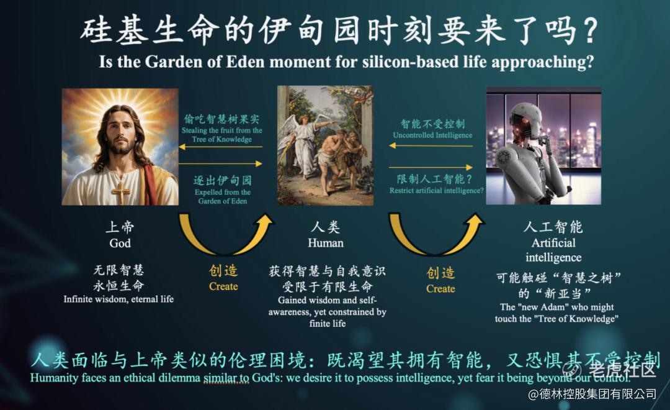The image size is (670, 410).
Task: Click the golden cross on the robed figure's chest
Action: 121,191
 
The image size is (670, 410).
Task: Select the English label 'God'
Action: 120,243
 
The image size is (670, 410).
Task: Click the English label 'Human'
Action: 326,243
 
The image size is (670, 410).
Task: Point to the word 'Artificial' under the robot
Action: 553,243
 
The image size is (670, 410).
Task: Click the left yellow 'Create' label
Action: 223,286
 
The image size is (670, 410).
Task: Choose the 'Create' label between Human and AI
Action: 440,289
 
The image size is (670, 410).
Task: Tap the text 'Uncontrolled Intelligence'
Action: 433,135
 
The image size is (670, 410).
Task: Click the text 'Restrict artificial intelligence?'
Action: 436,191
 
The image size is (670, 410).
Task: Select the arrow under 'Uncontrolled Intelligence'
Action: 431,146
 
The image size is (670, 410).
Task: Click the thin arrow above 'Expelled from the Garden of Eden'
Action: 220,163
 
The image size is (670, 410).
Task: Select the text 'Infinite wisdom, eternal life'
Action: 118,299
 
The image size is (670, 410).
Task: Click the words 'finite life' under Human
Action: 328,324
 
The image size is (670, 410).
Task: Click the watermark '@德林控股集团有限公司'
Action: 592,394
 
